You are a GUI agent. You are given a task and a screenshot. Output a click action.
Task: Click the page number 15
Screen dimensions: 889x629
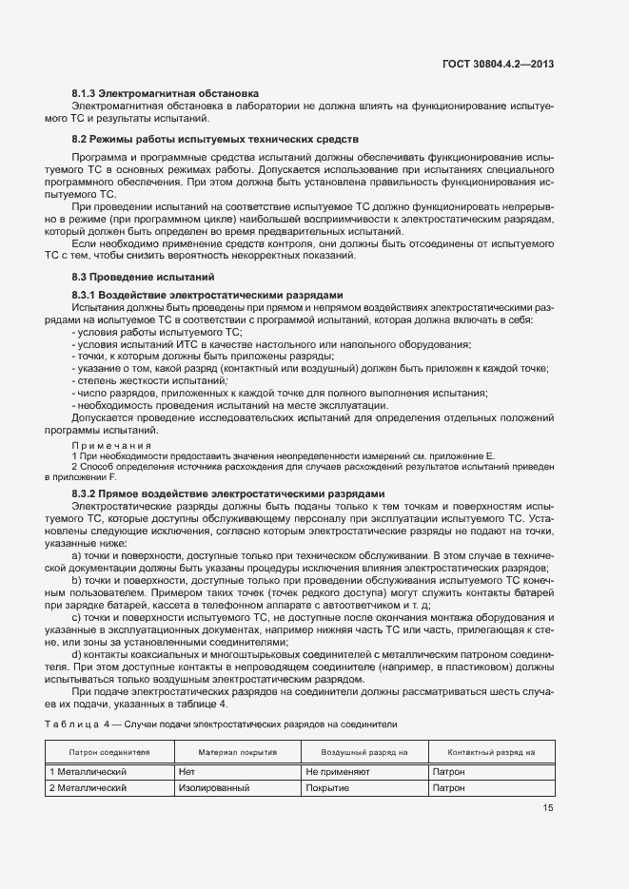(548, 808)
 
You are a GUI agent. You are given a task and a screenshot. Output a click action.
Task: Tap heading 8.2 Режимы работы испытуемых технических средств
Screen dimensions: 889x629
(215, 139)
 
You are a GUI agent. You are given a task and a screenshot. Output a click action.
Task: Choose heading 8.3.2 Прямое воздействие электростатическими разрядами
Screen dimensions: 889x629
(228, 493)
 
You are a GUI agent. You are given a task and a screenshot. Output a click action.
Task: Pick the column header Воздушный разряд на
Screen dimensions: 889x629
(364, 752)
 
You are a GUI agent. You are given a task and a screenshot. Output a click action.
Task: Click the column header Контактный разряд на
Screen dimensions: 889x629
(491, 752)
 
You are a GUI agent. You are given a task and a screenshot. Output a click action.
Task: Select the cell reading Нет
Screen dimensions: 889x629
(187, 773)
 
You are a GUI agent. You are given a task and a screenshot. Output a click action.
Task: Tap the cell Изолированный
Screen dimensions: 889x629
(213, 788)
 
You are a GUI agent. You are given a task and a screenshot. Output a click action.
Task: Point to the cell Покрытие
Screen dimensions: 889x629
(328, 788)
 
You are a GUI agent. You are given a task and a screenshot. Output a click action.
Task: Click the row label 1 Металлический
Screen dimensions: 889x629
(88, 773)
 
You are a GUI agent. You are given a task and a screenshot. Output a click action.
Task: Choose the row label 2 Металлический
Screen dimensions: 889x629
(88, 788)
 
